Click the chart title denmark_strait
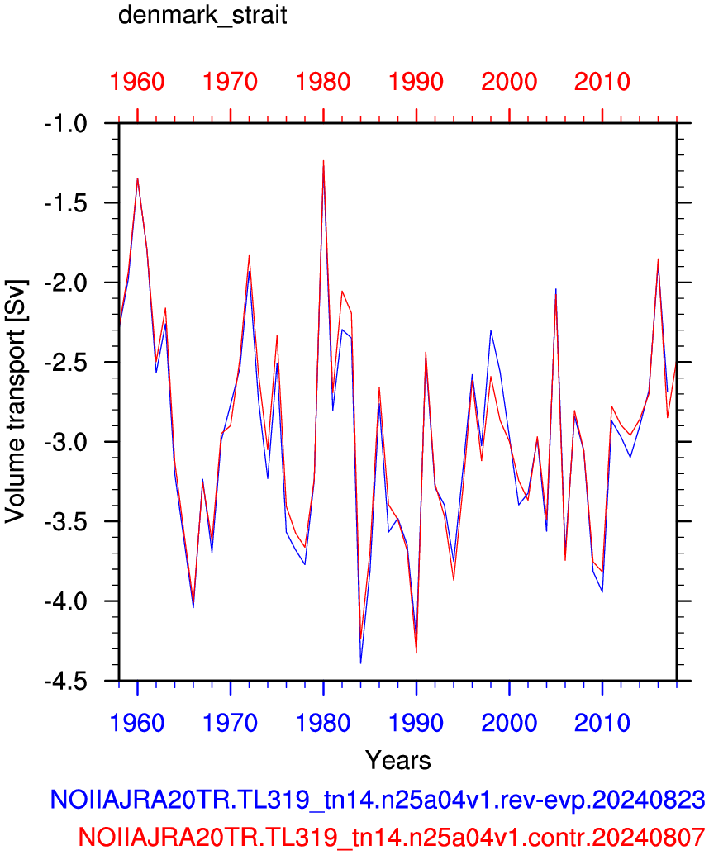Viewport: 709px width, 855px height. [x=202, y=15]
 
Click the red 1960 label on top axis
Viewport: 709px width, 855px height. [x=137, y=82]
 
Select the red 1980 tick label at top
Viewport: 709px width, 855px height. [x=323, y=82]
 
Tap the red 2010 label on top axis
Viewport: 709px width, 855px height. [x=602, y=82]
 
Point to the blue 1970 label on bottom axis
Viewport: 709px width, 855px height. [x=231, y=723]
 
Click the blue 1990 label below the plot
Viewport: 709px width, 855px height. [x=416, y=723]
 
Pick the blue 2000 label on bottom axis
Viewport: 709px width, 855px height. [x=509, y=723]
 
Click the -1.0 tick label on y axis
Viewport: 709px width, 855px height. [x=65, y=124]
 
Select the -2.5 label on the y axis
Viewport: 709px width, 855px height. [x=65, y=363]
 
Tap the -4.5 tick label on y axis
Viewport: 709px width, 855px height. [x=65, y=681]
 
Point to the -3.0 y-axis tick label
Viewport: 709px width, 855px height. [x=65, y=442]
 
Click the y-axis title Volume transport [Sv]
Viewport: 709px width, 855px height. [x=15, y=401]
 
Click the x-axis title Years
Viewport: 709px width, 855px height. [x=398, y=760]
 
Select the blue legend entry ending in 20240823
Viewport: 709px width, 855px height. [x=378, y=800]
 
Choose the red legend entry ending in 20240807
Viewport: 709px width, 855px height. [x=392, y=836]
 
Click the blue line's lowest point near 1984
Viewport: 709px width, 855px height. [x=360, y=663]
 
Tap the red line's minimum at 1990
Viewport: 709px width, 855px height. [x=416, y=653]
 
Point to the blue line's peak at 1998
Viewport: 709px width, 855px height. [x=491, y=330]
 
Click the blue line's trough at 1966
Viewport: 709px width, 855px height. [x=193, y=607]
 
